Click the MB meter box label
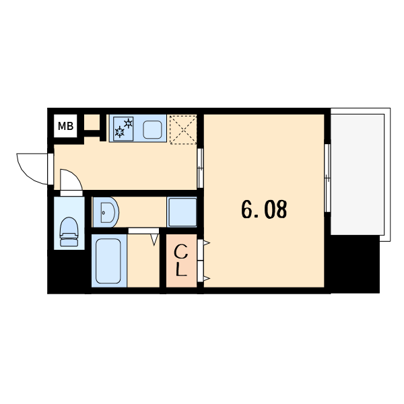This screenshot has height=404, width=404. click(65, 127)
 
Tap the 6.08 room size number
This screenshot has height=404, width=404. click(264, 209)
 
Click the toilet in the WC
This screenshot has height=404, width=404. click(69, 232)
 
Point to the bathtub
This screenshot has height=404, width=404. click(108, 261)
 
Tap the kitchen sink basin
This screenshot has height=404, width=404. click(153, 129)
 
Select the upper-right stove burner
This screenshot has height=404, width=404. click(129, 123)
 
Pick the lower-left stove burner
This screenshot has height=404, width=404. click(119, 132)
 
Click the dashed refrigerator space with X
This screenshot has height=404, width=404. click(183, 129)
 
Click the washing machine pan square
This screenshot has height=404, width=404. click(182, 212)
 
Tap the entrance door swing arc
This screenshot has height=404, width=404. click(29, 172)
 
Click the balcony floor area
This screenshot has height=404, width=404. click(358, 174)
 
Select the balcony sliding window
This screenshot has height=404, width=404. click(327, 178)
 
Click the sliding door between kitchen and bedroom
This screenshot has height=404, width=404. click(200, 168)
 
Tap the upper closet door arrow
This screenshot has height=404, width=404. click(207, 242)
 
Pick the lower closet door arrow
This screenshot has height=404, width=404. click(207, 278)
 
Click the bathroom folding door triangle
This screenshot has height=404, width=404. click(154, 240)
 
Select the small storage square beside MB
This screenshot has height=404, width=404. click(92, 123)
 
